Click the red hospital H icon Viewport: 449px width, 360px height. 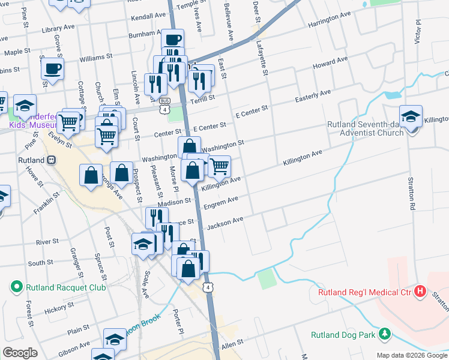[x=420, y=292]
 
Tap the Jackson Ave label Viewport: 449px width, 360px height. [x=225, y=224]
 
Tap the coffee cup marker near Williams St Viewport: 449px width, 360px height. [x=52, y=68]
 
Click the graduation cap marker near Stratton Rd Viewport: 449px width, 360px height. [x=411, y=116]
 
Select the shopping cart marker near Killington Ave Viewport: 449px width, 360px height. [x=220, y=166]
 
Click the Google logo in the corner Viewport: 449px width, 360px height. [x=20, y=353]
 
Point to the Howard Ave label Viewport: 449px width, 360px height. [x=330, y=63]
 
